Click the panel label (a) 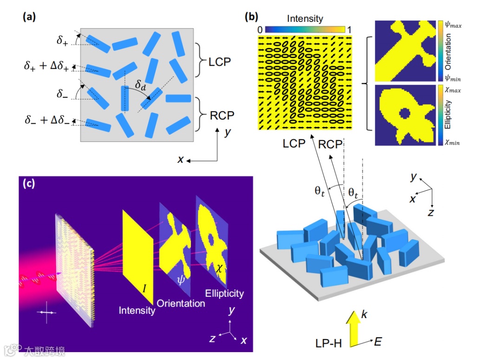pos(29,18)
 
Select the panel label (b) pos(251,18)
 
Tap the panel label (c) pos(29,184)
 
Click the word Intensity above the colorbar pos(305,19)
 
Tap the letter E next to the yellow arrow pos(378,342)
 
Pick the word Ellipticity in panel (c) pos(224,293)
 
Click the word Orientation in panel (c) pos(181,303)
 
